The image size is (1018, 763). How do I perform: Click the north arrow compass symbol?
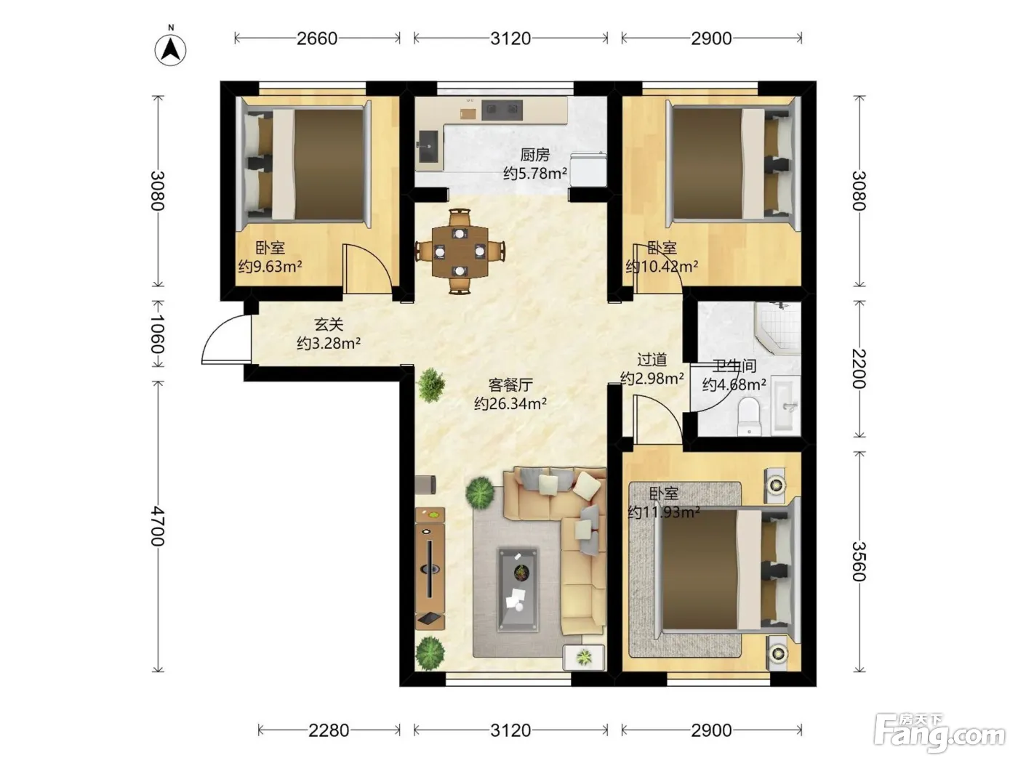pos(170,49)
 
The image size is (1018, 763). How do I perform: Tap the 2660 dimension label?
pos(317,39)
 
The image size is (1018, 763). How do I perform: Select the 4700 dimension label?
pos(158,526)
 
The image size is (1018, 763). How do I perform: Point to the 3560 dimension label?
pos(859,561)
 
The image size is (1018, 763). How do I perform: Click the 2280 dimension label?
pos(329,730)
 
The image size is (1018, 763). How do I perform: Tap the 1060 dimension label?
pos(158,334)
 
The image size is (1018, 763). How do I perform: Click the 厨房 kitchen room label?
pos(534,155)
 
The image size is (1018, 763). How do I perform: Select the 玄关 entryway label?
pos(329,325)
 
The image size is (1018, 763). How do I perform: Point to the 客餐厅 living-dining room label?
pos(510,385)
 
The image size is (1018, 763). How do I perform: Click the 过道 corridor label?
pos(652,360)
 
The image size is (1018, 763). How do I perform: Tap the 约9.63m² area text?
pos(270,267)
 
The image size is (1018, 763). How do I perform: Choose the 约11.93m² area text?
pos(664,512)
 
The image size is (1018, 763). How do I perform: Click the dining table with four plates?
pos(460,251)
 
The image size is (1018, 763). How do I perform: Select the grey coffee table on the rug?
pos(518,590)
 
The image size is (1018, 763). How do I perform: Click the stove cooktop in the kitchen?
pos(502,110)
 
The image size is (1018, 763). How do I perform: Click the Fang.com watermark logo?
pos(939,733)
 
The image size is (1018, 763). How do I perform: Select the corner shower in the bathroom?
pos(778,328)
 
